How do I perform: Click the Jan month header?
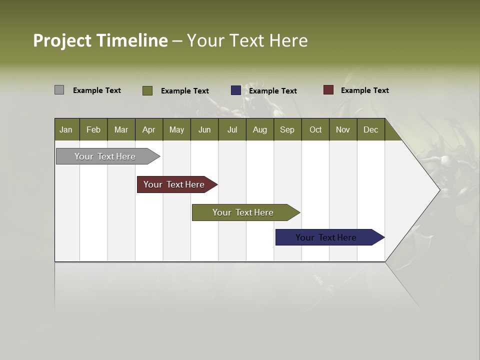(66, 129)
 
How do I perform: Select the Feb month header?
(93, 129)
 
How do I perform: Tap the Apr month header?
(149, 129)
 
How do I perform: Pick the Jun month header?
(204, 129)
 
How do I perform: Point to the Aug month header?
(260, 129)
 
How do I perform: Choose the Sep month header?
(287, 129)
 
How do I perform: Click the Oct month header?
(315, 129)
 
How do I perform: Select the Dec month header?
(371, 129)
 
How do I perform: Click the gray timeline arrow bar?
(105, 156)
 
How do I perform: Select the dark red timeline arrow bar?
(174, 184)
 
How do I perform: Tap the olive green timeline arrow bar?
(243, 212)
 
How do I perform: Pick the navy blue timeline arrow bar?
(326, 237)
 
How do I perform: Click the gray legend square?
(59, 90)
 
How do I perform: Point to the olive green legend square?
(147, 90)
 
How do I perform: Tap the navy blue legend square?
(235, 90)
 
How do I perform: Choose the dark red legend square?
(328, 90)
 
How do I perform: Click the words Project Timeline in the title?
(100, 40)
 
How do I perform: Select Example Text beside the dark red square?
(364, 90)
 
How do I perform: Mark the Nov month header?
(343, 129)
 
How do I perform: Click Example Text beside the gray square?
(97, 90)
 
